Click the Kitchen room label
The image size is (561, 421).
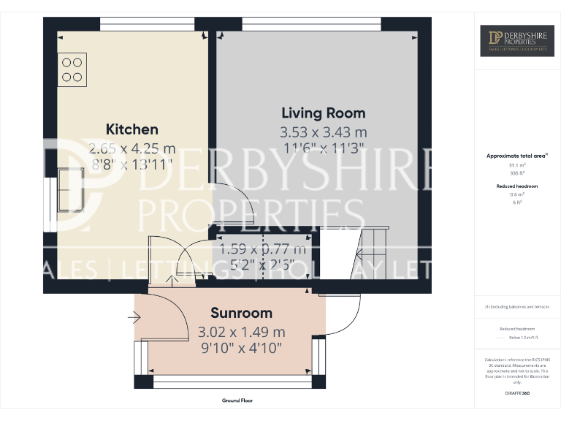coord(132,129)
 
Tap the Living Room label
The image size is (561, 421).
coord(324,113)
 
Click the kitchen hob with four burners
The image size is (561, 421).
coord(72,69)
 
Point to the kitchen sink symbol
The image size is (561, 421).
coord(71,189)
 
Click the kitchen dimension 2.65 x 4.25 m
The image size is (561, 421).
coord(132,148)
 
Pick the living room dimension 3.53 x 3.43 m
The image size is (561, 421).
coord(324,132)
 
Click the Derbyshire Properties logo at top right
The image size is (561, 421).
coord(516,41)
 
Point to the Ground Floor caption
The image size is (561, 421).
coord(237,401)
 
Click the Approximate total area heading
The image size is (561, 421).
coord(516,156)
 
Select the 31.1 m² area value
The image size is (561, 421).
coord(516,165)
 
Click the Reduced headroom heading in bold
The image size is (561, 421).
coord(516,186)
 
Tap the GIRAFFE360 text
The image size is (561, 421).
coord(516,394)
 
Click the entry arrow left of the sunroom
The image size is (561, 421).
coord(133,318)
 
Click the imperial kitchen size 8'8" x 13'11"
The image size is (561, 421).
coord(132,164)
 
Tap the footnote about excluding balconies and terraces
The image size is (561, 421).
coord(516,307)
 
